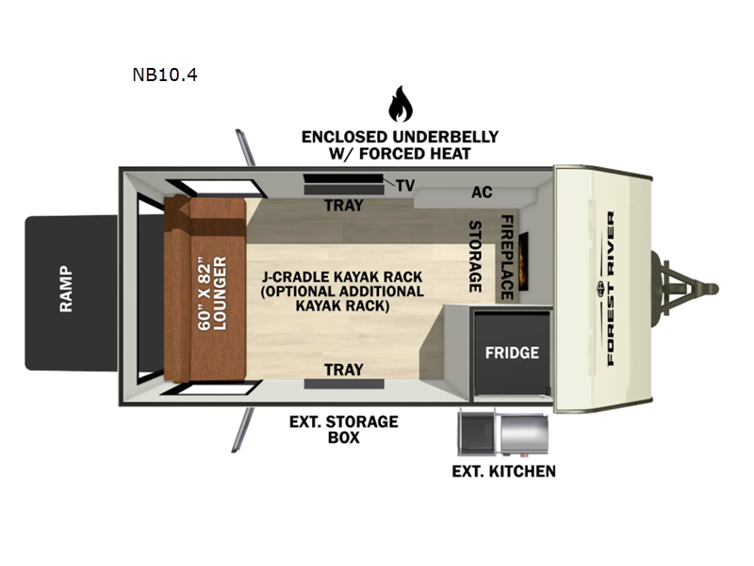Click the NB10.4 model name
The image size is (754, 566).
(x=165, y=74)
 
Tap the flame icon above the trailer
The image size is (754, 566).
(x=401, y=105)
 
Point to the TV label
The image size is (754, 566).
(x=405, y=186)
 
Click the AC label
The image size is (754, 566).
(x=482, y=192)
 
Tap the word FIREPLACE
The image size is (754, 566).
(x=506, y=257)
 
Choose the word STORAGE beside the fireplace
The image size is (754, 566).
(x=476, y=257)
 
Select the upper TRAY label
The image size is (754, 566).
(x=343, y=205)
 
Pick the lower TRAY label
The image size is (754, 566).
(x=343, y=370)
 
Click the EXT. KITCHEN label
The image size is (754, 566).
(x=503, y=471)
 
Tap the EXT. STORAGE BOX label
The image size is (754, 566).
(x=343, y=429)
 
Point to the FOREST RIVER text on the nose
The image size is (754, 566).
(x=611, y=288)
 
